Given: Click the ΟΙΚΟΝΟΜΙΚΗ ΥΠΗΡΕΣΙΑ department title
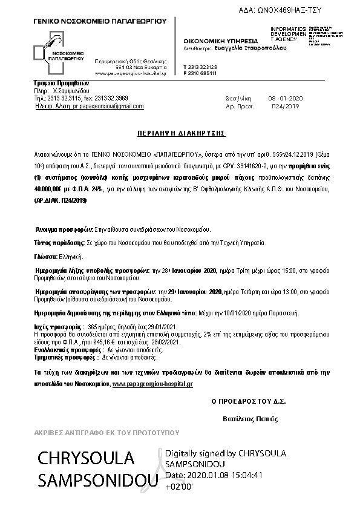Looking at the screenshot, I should click(215, 39).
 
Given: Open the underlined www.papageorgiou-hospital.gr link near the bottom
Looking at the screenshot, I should click(152, 384).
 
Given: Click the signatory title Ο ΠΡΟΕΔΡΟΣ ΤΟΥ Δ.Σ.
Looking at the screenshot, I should click(248, 401).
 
